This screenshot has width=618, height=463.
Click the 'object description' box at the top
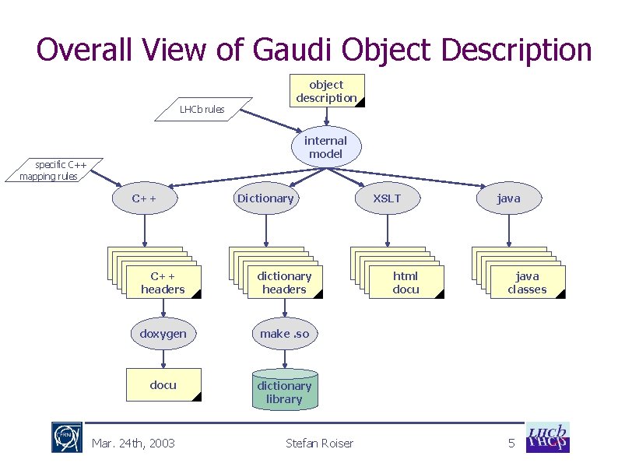(326, 91)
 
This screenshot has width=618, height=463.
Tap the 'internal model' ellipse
(326, 147)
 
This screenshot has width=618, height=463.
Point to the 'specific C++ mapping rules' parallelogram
(53, 170)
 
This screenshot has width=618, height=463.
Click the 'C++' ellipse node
(144, 198)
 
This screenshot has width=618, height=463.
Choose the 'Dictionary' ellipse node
(265, 198)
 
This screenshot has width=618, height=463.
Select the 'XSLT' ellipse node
(387, 198)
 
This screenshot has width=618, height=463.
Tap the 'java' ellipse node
(508, 198)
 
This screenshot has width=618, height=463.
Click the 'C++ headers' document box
(163, 282)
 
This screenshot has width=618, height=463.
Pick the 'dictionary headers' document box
(284, 282)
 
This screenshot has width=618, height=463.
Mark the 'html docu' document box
(406, 282)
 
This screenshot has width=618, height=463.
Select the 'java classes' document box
(527, 282)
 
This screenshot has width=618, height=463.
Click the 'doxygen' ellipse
(163, 334)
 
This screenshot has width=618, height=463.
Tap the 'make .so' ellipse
(284, 334)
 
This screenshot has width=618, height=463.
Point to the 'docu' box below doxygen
(163, 385)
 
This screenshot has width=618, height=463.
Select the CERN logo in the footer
(67, 438)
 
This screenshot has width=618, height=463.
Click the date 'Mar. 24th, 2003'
(133, 444)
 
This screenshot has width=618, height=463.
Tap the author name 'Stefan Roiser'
(319, 444)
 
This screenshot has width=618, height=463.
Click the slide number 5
(511, 444)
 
